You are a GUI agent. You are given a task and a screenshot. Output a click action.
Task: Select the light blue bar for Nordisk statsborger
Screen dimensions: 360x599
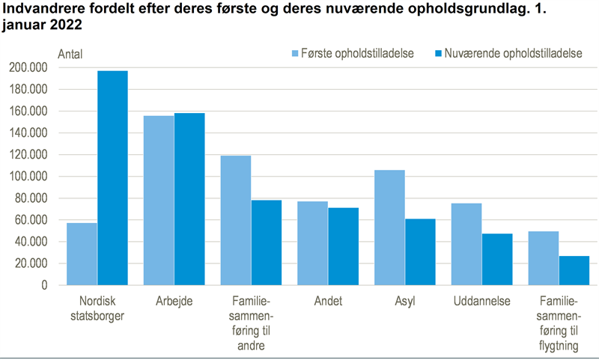[82, 254]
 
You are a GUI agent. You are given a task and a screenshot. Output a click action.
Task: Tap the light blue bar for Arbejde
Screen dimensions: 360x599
[159, 201]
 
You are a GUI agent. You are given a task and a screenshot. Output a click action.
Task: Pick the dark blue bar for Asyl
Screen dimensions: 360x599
[420, 251]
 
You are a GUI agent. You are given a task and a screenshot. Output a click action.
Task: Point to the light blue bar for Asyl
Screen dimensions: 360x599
[389, 228]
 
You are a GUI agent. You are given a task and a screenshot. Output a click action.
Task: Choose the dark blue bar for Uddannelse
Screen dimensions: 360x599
[497, 259]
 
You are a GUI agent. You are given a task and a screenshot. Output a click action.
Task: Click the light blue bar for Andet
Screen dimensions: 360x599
[313, 243]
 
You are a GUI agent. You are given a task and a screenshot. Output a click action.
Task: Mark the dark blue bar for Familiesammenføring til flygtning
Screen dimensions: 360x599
[574, 270]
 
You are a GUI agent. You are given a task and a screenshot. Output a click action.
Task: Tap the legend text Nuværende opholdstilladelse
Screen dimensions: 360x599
[514, 54]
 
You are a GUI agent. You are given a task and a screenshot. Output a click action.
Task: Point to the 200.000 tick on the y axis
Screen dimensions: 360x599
[28, 67]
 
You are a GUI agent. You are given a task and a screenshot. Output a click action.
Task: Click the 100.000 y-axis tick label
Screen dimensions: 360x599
[28, 177]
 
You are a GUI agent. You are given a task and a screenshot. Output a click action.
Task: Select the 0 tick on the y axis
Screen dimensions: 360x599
[44, 285]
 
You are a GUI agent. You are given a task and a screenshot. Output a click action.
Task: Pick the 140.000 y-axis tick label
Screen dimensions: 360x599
[28, 133]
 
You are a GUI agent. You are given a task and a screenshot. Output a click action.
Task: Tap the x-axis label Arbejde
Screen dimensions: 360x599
[174, 302]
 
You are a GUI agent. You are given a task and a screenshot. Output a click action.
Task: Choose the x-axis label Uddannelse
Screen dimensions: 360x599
[481, 302]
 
